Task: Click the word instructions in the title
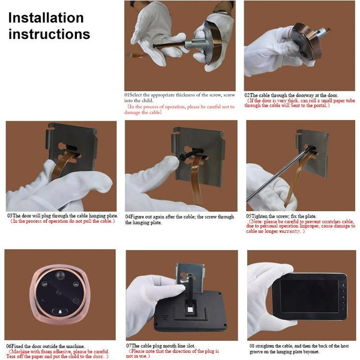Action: [x=49, y=34]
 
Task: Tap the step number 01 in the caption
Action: [x=128, y=95]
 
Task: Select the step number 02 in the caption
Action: [x=247, y=95]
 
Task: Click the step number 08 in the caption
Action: [x=250, y=346]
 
